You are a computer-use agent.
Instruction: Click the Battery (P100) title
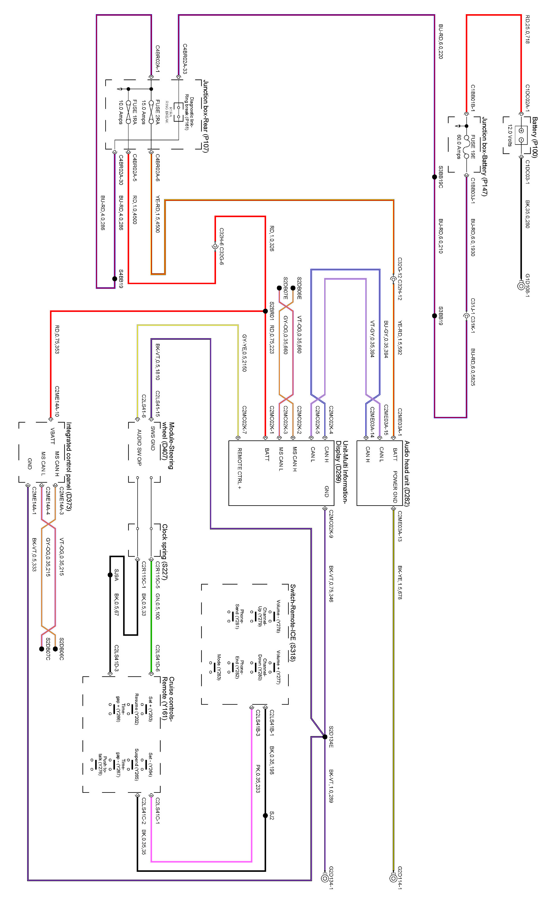535,137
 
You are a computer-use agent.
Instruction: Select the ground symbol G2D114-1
393,878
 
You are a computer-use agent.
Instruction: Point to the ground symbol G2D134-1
325,878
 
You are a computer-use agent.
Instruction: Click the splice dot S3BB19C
434,177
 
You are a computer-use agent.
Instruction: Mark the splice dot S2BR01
265,311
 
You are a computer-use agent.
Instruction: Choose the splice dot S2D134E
325,737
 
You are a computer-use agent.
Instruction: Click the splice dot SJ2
265,815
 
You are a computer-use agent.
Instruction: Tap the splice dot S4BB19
115,279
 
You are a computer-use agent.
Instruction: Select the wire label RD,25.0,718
528,30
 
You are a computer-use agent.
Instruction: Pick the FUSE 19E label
473,147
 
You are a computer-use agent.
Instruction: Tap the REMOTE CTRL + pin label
239,469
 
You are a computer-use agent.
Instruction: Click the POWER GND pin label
395,487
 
